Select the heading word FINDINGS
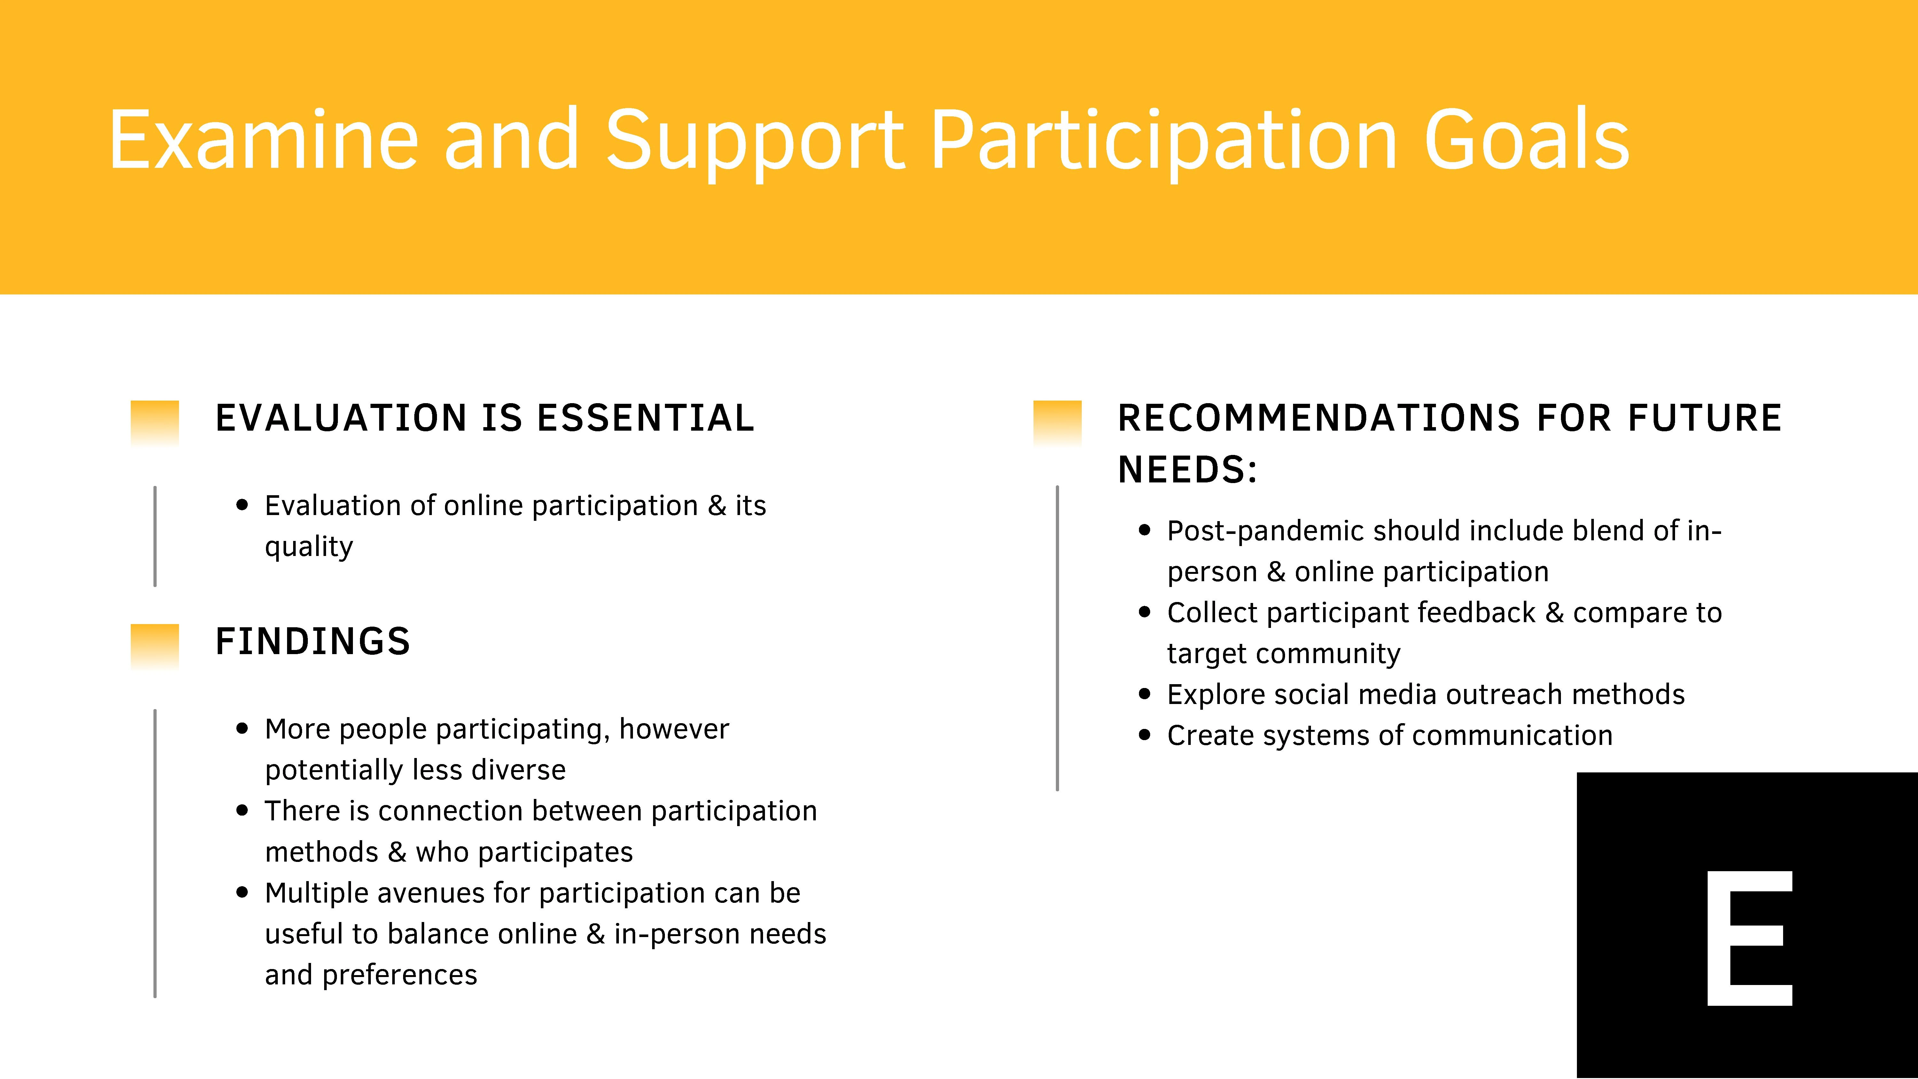[x=313, y=641]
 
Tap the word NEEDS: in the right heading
[x=1188, y=470]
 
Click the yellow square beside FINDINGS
[x=155, y=645]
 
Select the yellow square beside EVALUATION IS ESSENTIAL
[x=155, y=421]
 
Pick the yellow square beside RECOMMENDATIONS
[x=1057, y=421]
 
